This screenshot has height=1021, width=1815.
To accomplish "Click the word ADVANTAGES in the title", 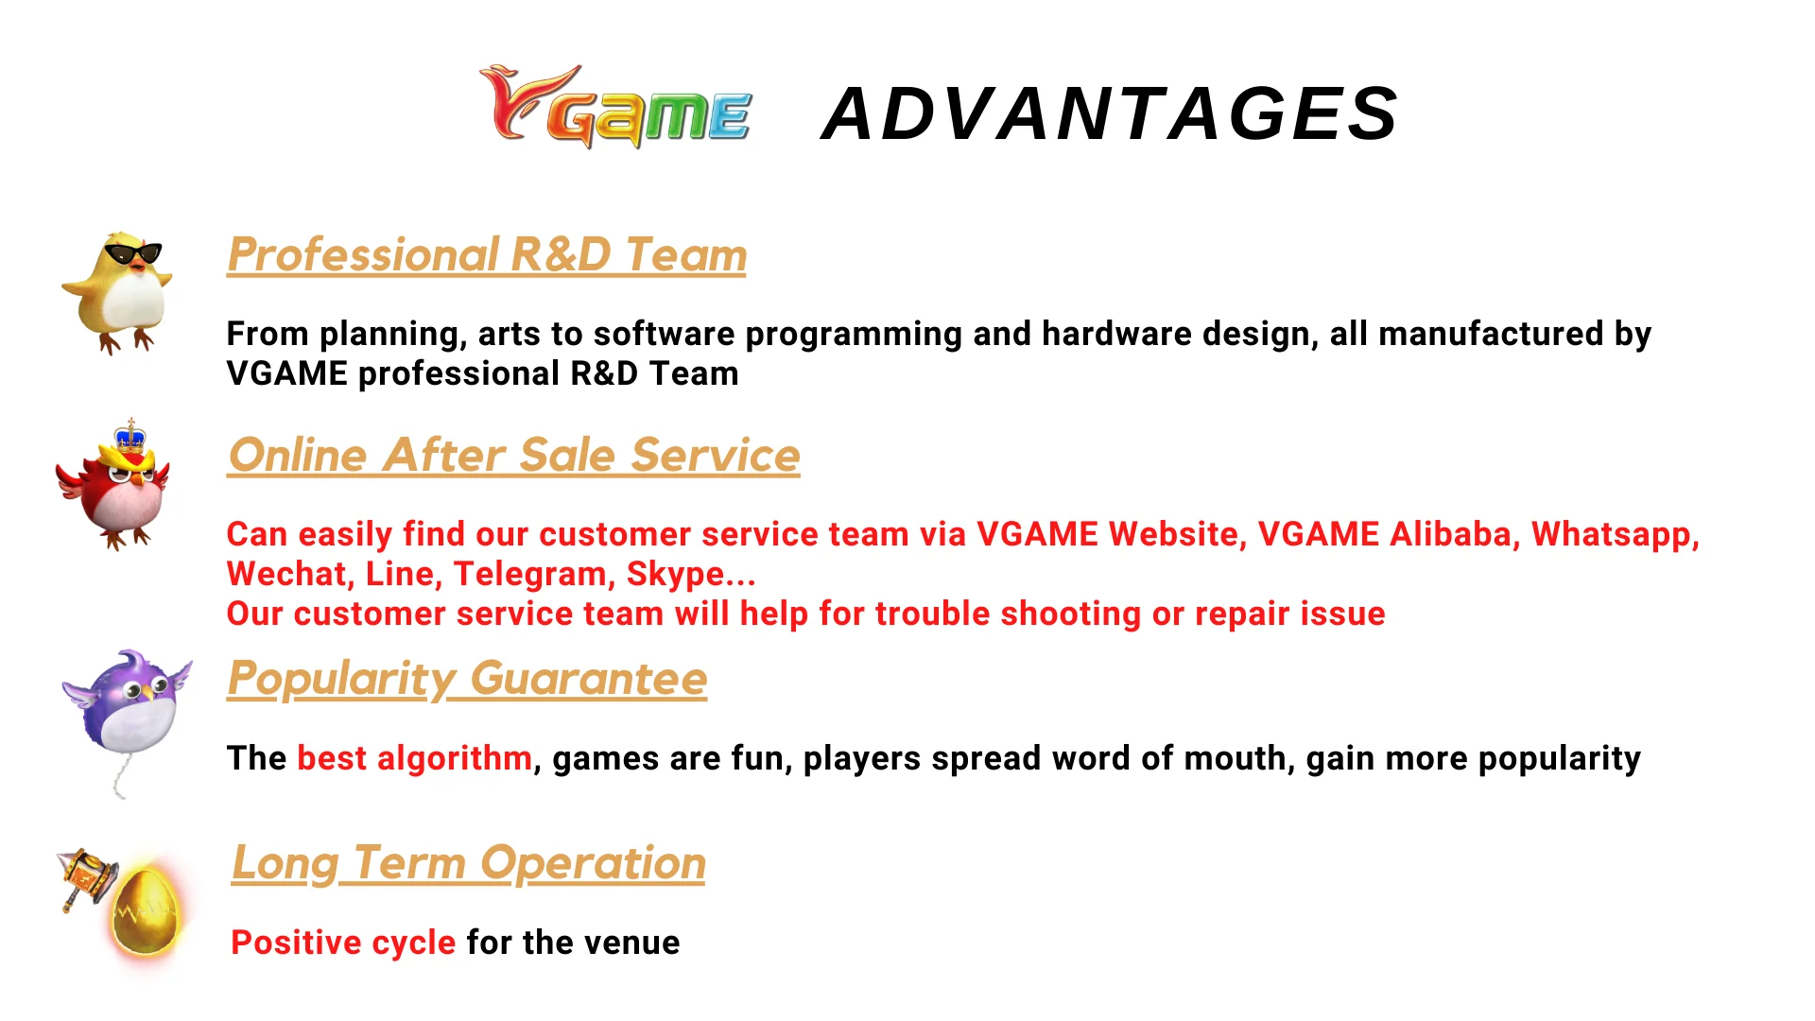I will click(x=1110, y=113).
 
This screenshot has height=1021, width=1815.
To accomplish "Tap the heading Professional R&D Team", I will click(x=487, y=254).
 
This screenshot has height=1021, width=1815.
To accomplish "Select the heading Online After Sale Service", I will click(x=514, y=455).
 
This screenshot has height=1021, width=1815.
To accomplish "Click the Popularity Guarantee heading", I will click(x=467, y=678).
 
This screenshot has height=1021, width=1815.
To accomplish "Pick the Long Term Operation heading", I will click(x=469, y=862).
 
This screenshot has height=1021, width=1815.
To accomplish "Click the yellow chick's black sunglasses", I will click(x=132, y=253).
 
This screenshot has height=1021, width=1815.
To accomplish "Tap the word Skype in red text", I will click(x=675, y=574).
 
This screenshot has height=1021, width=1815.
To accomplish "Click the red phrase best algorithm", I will click(x=414, y=758).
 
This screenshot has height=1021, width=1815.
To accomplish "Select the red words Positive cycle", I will click(x=343, y=943).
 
